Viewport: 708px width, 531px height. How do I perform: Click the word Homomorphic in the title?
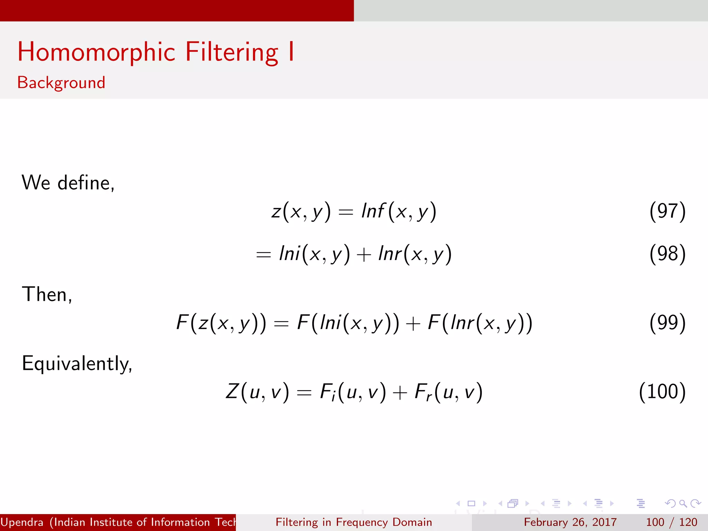pos(96,52)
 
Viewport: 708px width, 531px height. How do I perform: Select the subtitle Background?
pos(61,83)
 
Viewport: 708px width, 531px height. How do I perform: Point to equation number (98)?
pos(667,254)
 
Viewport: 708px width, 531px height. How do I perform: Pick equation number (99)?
pos(667,323)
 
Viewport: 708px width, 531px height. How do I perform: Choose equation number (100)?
pos(662,392)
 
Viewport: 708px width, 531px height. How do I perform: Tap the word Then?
pos(47,294)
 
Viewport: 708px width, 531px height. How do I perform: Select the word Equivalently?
pos(77,364)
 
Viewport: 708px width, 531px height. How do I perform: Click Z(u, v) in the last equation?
pos(257,392)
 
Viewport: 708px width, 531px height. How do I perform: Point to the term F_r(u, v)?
pos(448,392)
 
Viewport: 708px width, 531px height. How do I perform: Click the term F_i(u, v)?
pos(353,392)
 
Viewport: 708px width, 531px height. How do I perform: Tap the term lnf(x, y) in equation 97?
pos(399,211)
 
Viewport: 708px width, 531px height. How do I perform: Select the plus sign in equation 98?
pos(364,255)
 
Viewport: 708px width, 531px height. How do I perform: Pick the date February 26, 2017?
pos(570,522)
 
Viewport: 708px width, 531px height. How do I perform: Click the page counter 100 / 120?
pos(671,522)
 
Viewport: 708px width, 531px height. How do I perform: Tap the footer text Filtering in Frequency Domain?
pos(354,522)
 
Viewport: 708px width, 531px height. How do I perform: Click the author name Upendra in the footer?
pos(22,522)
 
